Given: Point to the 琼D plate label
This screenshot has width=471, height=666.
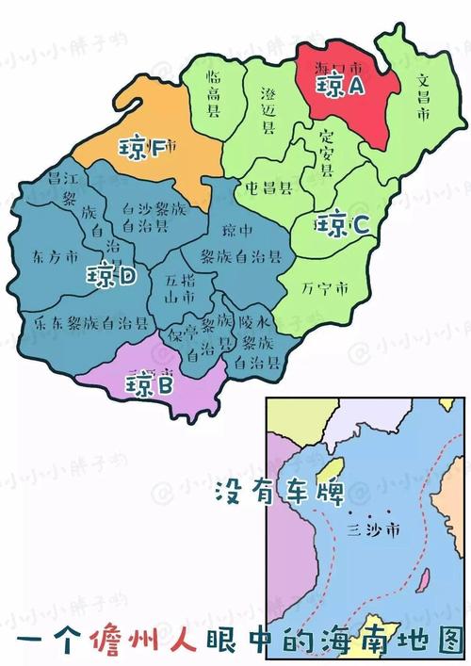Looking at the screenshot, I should [112, 276].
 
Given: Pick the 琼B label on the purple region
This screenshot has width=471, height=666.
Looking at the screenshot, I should [151, 384].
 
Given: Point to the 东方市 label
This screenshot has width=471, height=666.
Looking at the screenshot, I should [52, 256].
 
